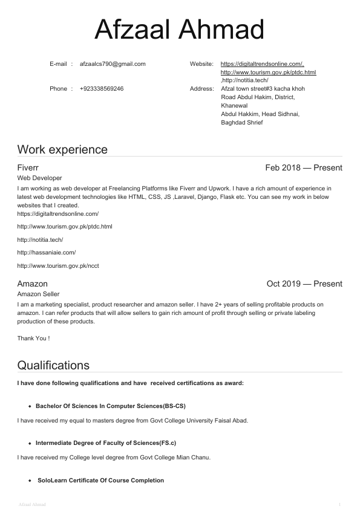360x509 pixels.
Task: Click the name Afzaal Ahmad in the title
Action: click(x=180, y=30)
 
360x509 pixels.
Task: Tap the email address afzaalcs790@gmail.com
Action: click(x=113, y=63)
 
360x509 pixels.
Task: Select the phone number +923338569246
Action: click(x=102, y=89)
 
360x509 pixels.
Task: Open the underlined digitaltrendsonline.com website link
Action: click(x=262, y=63)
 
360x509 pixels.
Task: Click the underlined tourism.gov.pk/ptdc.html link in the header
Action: click(x=268, y=72)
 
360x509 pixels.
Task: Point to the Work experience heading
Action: click(x=62, y=149)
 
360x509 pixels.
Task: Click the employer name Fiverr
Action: click(x=28, y=167)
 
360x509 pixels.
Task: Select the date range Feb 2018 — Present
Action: click(x=303, y=167)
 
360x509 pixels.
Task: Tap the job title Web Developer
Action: click(x=39, y=178)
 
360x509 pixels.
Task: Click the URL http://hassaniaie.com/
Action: click(x=47, y=252)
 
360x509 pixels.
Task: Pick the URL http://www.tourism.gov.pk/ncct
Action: click(x=58, y=265)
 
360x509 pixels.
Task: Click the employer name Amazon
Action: click(x=32, y=284)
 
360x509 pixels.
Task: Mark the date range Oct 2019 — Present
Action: click(x=304, y=284)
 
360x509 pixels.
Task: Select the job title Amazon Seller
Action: click(x=41, y=294)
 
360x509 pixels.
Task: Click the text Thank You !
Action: click(x=33, y=338)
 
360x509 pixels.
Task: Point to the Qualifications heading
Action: click(x=53, y=365)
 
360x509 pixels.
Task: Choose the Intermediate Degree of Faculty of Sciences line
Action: click(x=106, y=443)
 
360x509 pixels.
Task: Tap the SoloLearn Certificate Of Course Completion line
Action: click(x=100, y=481)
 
